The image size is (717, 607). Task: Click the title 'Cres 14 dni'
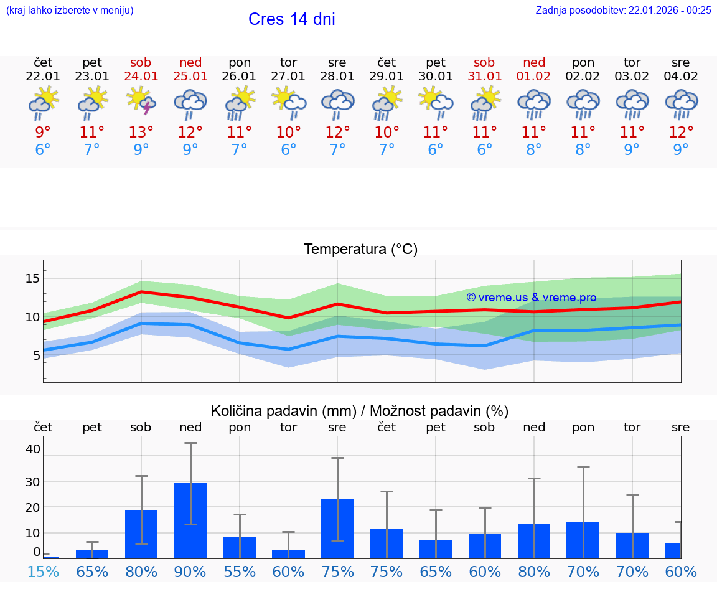coord(291,19)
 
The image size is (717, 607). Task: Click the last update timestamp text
coord(623,10)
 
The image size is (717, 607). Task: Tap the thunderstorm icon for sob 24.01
coord(141,101)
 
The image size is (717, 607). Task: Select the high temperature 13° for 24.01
coord(141,133)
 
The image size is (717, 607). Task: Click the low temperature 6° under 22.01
coord(43,150)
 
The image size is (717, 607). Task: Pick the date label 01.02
coord(533,77)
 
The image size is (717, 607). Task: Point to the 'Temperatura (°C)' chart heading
coord(360,250)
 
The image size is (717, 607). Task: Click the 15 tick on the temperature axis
coord(32,278)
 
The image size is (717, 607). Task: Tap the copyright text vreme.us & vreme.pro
coord(531,298)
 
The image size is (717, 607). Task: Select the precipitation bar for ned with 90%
coord(190,520)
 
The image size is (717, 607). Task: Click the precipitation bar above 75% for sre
coord(337,529)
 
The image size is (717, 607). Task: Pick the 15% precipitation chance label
coord(43,572)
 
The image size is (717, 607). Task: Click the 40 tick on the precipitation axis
coord(32,449)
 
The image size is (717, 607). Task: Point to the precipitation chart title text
coord(360,411)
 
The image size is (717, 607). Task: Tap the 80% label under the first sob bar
coord(141,572)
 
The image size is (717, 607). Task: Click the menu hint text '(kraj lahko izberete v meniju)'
coord(70,10)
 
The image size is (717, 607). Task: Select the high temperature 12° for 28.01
coord(337,133)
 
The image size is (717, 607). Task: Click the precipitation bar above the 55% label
coord(239,548)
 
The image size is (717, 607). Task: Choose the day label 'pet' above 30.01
coord(436,63)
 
